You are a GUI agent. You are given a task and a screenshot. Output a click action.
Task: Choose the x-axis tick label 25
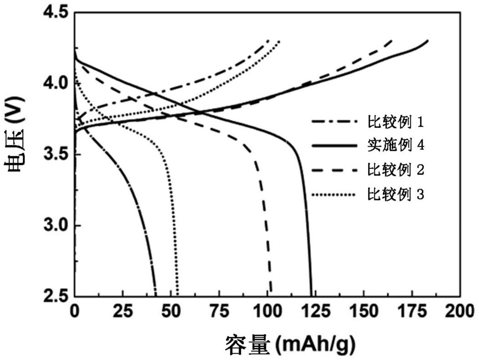[122, 312]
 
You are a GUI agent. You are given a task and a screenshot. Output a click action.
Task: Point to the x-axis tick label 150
[363, 312]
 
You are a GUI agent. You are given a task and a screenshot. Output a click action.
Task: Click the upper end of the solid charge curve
[428, 41]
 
